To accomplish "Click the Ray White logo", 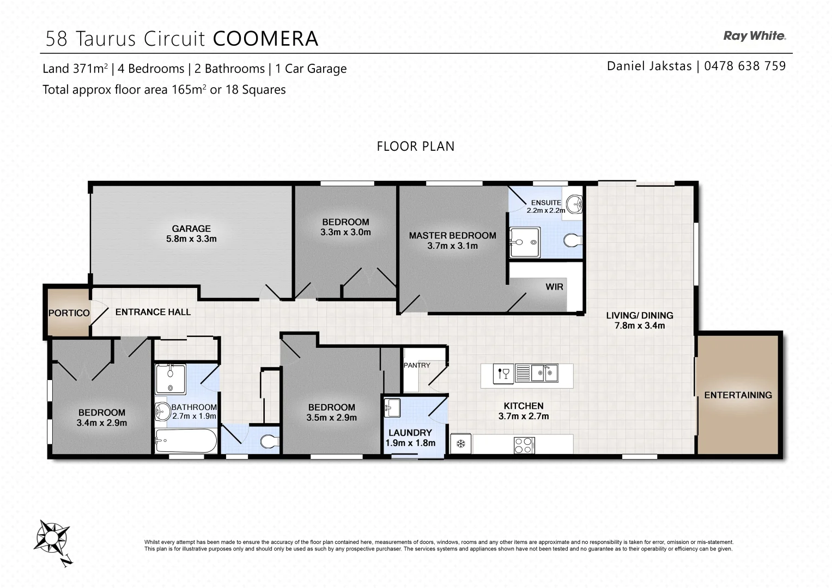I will point(754,36).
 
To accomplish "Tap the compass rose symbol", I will point(52,537).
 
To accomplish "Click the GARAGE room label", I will point(191,229).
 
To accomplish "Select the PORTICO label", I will point(69,313).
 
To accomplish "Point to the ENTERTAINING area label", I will point(738,395).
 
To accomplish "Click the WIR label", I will point(554,287).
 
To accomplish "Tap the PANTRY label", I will point(417,365).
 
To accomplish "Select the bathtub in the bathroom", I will point(185,440).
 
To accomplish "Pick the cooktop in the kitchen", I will point(524,445).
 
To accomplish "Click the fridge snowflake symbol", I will point(460,444).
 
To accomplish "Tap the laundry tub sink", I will point(392,407).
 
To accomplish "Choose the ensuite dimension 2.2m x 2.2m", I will point(545,210).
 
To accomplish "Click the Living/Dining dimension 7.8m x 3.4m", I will point(639,326).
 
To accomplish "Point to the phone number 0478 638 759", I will point(745,66).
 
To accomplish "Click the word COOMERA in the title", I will point(265,39).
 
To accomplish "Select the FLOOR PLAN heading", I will point(415,146).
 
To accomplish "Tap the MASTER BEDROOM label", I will point(452,236).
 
